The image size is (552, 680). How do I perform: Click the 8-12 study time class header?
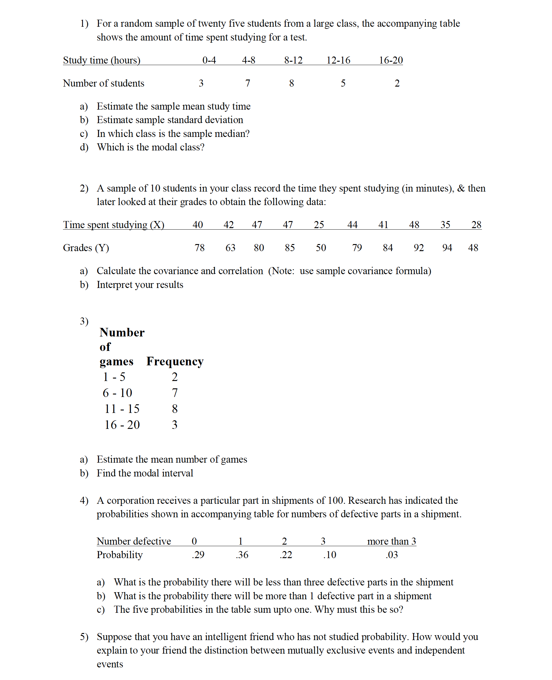coord(293,60)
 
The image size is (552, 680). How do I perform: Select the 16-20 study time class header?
coord(390,60)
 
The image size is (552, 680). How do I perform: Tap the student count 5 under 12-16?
coord(343,83)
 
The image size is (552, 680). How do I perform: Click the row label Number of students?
coord(103,83)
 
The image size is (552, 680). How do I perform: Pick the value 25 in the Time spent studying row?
coord(319,225)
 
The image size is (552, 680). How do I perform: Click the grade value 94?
coord(447,247)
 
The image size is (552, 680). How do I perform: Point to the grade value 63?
coord(230,247)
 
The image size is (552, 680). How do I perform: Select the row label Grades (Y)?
coord(86,247)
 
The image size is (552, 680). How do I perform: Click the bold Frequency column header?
coord(174,361)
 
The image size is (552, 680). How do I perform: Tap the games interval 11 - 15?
coord(122,409)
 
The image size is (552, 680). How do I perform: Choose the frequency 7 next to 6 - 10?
coord(174,393)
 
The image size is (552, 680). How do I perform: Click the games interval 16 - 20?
coord(122,425)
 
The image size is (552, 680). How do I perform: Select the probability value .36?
coord(242,555)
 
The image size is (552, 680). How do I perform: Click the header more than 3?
coord(391,541)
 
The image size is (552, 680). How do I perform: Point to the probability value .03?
coord(391,555)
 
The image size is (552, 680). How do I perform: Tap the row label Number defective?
coord(134,541)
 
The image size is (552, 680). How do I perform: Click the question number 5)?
coord(84,637)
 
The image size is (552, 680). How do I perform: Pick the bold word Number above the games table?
coord(122,332)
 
